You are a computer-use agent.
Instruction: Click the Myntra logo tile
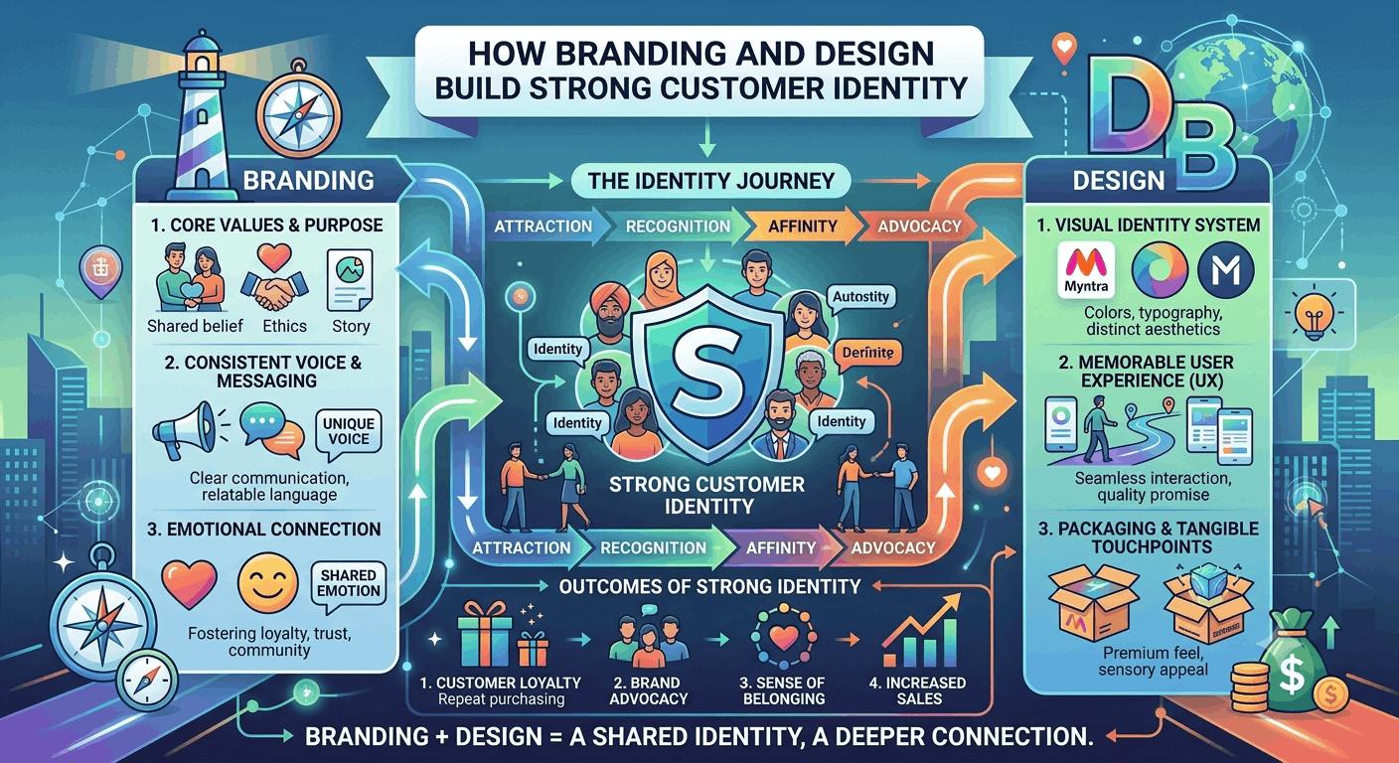[1086, 270]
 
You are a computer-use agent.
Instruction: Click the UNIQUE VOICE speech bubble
[349, 433]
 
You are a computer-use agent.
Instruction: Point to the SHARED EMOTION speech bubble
[349, 584]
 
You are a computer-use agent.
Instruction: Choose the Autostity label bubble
[860, 297]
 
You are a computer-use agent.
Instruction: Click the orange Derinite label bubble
[867, 354]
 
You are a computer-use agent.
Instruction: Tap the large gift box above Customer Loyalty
[484, 633]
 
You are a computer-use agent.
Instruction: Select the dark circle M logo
[1226, 270]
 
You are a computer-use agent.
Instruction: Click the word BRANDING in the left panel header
[309, 181]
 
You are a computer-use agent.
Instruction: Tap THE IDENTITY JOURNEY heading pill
[710, 181]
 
